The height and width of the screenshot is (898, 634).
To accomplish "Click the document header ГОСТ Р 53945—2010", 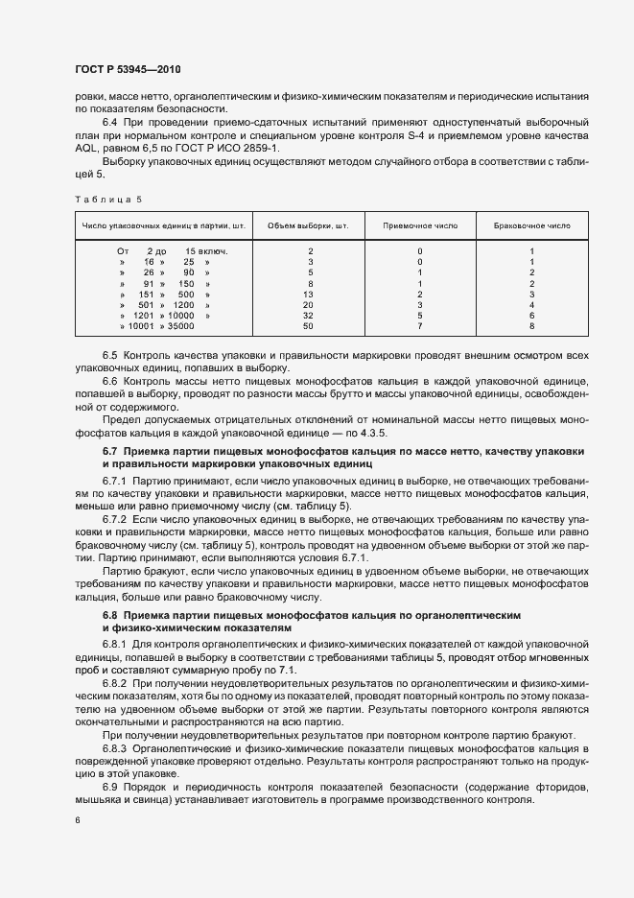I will [x=128, y=70].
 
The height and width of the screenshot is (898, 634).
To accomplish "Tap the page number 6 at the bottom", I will [x=77, y=820].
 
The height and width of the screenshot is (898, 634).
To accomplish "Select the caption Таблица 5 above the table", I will [x=107, y=199].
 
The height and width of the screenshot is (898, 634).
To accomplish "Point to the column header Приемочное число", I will [x=419, y=225].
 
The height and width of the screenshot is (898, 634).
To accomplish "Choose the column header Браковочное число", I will [x=531, y=225].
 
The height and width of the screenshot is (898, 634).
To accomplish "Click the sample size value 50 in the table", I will [x=310, y=326].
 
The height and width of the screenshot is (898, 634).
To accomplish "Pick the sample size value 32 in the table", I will [x=310, y=316].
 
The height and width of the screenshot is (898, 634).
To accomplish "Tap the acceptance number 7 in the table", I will [x=420, y=326].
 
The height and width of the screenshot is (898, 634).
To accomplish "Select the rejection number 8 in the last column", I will [x=531, y=326].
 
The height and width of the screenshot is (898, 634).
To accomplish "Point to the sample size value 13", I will [x=310, y=294].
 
